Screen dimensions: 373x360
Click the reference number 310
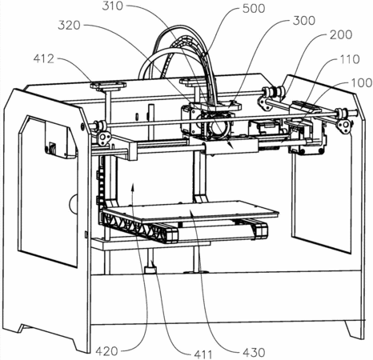point(113,6)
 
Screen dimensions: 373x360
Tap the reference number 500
point(254,9)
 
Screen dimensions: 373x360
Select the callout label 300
point(304,21)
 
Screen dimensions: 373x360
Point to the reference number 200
point(341,35)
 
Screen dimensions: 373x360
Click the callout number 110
point(349,59)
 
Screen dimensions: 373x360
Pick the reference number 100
point(361,83)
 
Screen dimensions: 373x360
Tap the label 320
point(69,26)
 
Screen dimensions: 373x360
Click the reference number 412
point(44,58)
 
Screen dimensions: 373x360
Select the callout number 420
point(106,351)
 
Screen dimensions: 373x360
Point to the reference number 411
point(203,354)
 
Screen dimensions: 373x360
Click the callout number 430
point(254,353)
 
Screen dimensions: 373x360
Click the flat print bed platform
point(191,211)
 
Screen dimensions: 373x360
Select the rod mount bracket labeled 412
point(108,86)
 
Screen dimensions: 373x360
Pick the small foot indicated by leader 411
point(150,270)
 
